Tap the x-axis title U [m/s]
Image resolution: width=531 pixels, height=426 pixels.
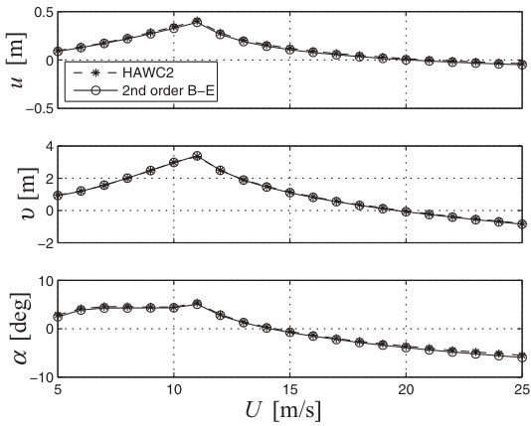tap(282, 410)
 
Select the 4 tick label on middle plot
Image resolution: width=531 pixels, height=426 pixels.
tap(50, 146)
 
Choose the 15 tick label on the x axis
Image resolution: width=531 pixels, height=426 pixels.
tap(290, 390)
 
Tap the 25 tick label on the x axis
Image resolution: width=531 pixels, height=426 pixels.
tap(522, 390)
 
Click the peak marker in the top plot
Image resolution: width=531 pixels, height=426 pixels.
tap(197, 22)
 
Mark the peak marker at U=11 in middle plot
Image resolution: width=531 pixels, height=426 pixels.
tap(197, 156)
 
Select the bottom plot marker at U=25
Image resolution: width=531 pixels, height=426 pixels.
tap(522, 357)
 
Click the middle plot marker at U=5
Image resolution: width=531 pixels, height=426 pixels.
tap(58, 196)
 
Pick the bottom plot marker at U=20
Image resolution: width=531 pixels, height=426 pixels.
tap(406, 348)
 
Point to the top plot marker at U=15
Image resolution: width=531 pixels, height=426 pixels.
tap(290, 50)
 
